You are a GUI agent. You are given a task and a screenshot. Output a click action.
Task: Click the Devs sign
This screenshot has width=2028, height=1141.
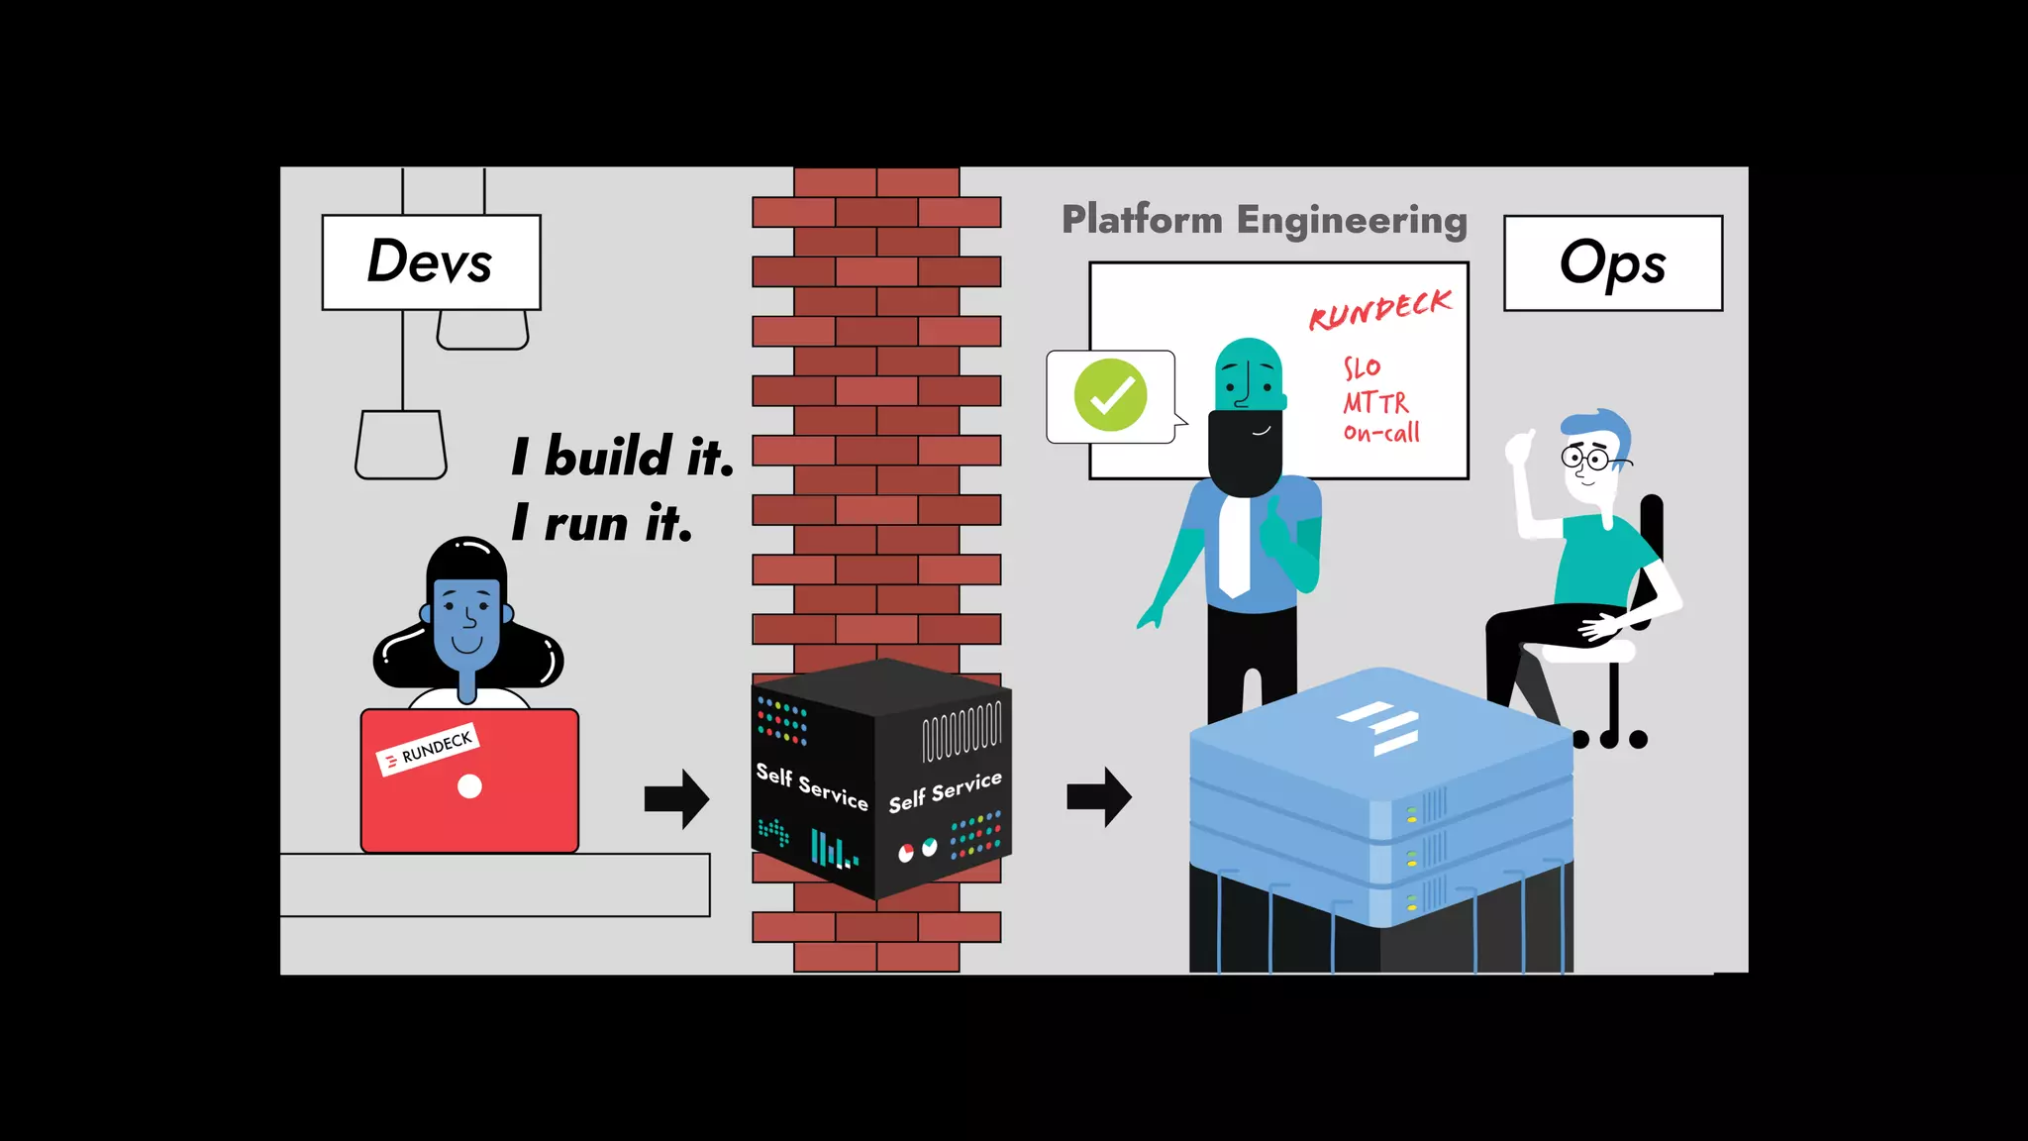pyautogui.click(x=431, y=261)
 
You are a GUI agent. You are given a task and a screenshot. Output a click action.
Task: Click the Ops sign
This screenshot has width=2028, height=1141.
pyautogui.click(x=1612, y=263)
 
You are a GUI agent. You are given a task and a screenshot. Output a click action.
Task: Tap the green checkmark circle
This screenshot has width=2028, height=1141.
pyautogui.click(x=1110, y=395)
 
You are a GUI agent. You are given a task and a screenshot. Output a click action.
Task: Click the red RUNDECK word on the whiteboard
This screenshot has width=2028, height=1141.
pyautogui.click(x=1379, y=311)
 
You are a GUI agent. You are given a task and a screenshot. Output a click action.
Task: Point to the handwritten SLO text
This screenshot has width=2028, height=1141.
pyautogui.click(x=1362, y=368)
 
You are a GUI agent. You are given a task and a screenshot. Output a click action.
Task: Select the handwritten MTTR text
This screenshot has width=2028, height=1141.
pyautogui.click(x=1375, y=402)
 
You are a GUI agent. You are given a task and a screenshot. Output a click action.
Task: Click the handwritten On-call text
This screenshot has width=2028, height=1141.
pyautogui.click(x=1381, y=433)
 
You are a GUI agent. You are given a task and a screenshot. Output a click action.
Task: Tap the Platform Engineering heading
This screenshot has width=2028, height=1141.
pyautogui.click(x=1264, y=220)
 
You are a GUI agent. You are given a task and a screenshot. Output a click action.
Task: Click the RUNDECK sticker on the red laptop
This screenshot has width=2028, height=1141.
pyautogui.click(x=428, y=749)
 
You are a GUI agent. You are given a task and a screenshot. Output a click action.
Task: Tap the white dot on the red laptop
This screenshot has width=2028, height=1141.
pyautogui.click(x=469, y=786)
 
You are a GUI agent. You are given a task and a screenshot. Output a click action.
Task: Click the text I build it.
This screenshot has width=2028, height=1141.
pyautogui.click(x=622, y=457)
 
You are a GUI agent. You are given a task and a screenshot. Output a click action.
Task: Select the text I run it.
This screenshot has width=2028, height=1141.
pyautogui.click(x=601, y=522)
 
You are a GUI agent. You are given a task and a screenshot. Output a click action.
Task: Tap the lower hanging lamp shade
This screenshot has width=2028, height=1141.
pyautogui.click(x=401, y=445)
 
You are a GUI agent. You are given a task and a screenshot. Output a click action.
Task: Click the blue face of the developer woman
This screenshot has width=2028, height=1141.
pyautogui.click(x=466, y=624)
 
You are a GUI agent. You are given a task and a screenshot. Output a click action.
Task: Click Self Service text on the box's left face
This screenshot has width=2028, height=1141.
pyautogui.click(x=811, y=786)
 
